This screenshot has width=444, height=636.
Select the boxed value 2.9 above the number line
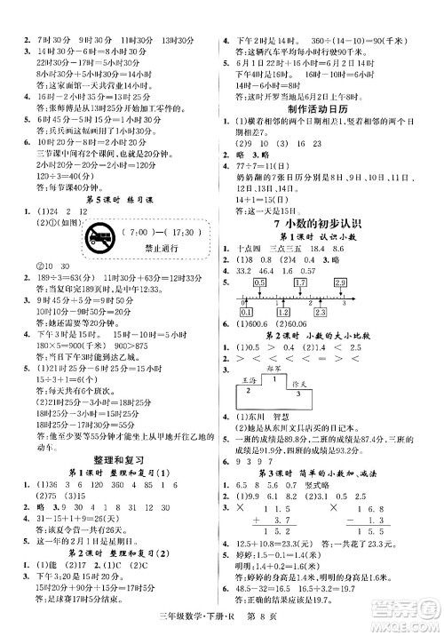pos(390,281)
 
